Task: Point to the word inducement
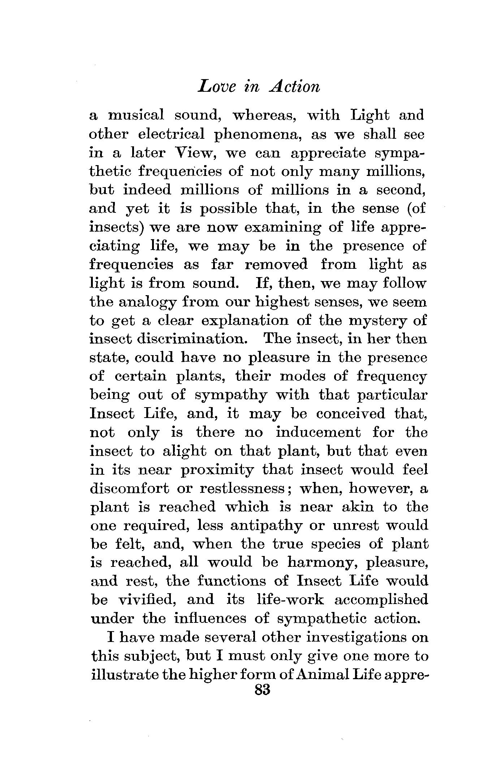[318, 432]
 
